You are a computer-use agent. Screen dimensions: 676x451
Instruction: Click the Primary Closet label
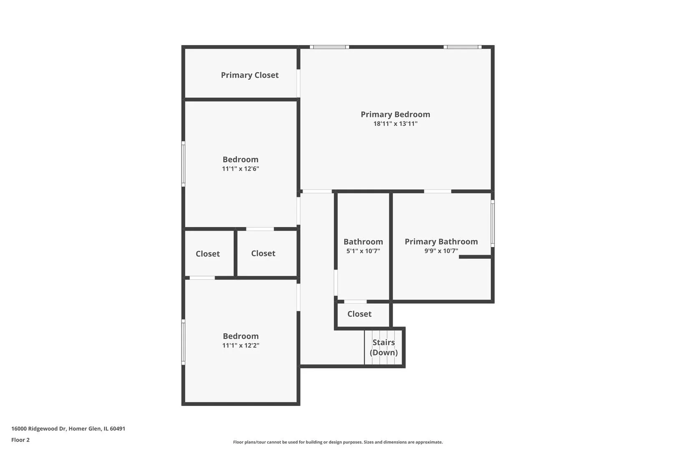(250, 75)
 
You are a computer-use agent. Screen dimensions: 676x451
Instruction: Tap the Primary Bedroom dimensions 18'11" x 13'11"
(395, 124)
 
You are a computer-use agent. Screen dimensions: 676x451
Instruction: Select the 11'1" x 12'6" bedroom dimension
(240, 169)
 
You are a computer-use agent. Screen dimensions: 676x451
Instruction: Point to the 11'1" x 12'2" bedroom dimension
(241, 345)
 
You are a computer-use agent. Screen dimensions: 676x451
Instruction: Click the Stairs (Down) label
(383, 347)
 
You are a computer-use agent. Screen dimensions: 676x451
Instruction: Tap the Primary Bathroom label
(441, 242)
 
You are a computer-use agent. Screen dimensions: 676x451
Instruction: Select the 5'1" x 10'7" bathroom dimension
(363, 251)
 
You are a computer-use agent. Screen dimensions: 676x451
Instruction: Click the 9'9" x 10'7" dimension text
(441, 251)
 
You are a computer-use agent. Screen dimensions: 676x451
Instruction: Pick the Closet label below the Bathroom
(359, 314)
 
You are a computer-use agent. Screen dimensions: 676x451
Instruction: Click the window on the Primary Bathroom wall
(492, 223)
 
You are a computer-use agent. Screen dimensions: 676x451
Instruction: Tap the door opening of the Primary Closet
(298, 84)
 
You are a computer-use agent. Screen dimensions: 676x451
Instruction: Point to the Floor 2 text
(20, 440)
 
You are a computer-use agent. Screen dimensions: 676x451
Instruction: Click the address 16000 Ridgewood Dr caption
(68, 428)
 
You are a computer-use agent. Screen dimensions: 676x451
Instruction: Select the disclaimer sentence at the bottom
(338, 442)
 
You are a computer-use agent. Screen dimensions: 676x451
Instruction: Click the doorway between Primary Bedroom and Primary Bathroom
(438, 191)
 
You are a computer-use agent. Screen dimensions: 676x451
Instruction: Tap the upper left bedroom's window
(183, 164)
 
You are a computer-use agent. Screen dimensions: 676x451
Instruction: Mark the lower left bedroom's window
(183, 342)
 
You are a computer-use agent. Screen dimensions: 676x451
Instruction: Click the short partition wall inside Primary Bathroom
(475, 257)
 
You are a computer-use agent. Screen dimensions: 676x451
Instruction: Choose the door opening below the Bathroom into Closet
(356, 302)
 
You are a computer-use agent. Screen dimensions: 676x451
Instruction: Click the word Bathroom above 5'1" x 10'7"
(363, 242)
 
